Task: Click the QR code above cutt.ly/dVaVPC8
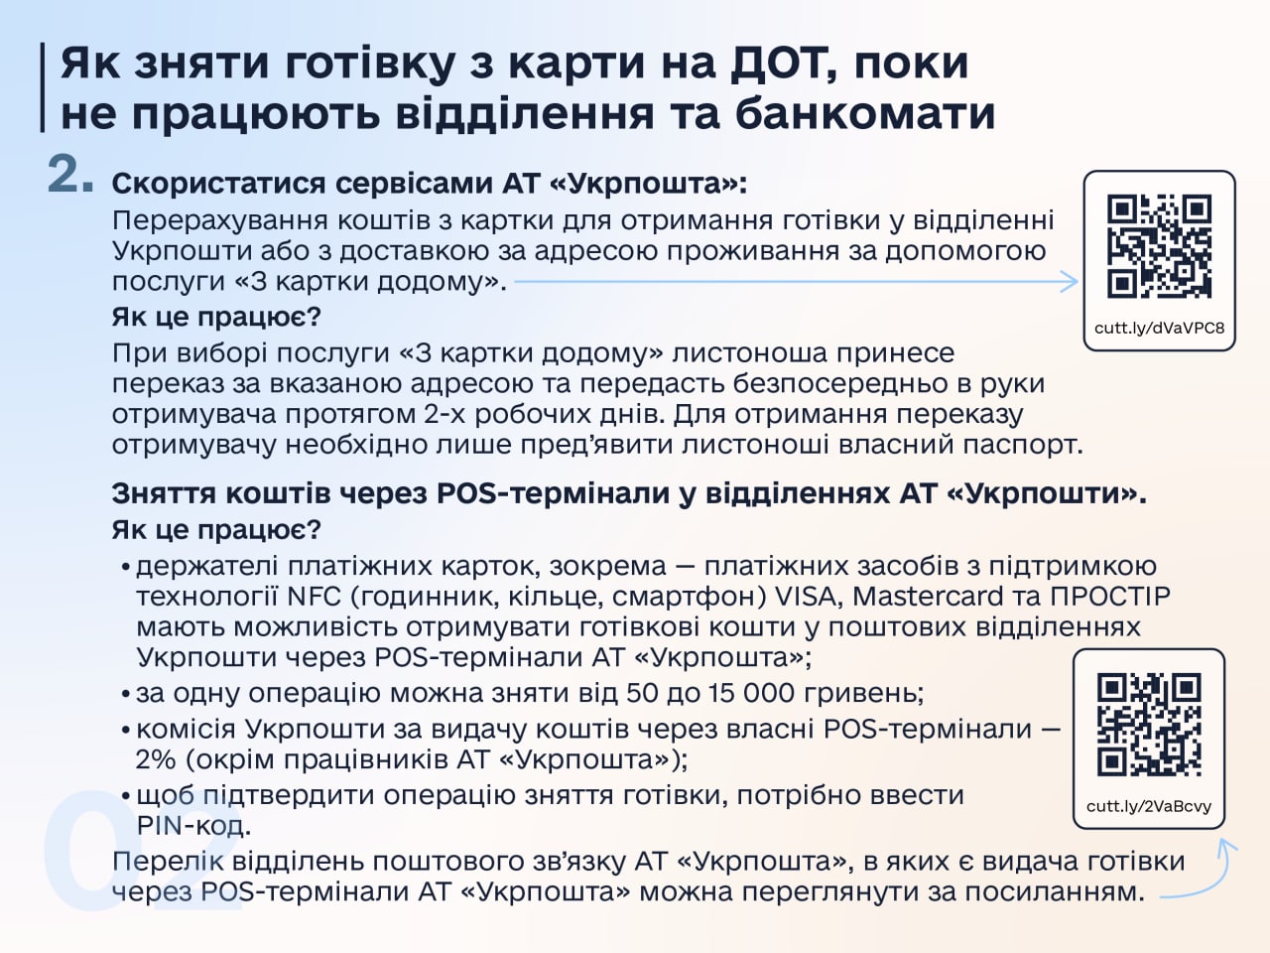1159,246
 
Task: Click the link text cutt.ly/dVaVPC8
1159,328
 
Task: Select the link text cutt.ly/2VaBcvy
1149,806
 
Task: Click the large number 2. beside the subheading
70,176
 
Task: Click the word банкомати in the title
865,113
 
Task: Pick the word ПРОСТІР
1110,597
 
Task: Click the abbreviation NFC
314,597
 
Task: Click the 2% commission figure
155,760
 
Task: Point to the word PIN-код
192,826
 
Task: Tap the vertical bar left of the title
43,87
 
